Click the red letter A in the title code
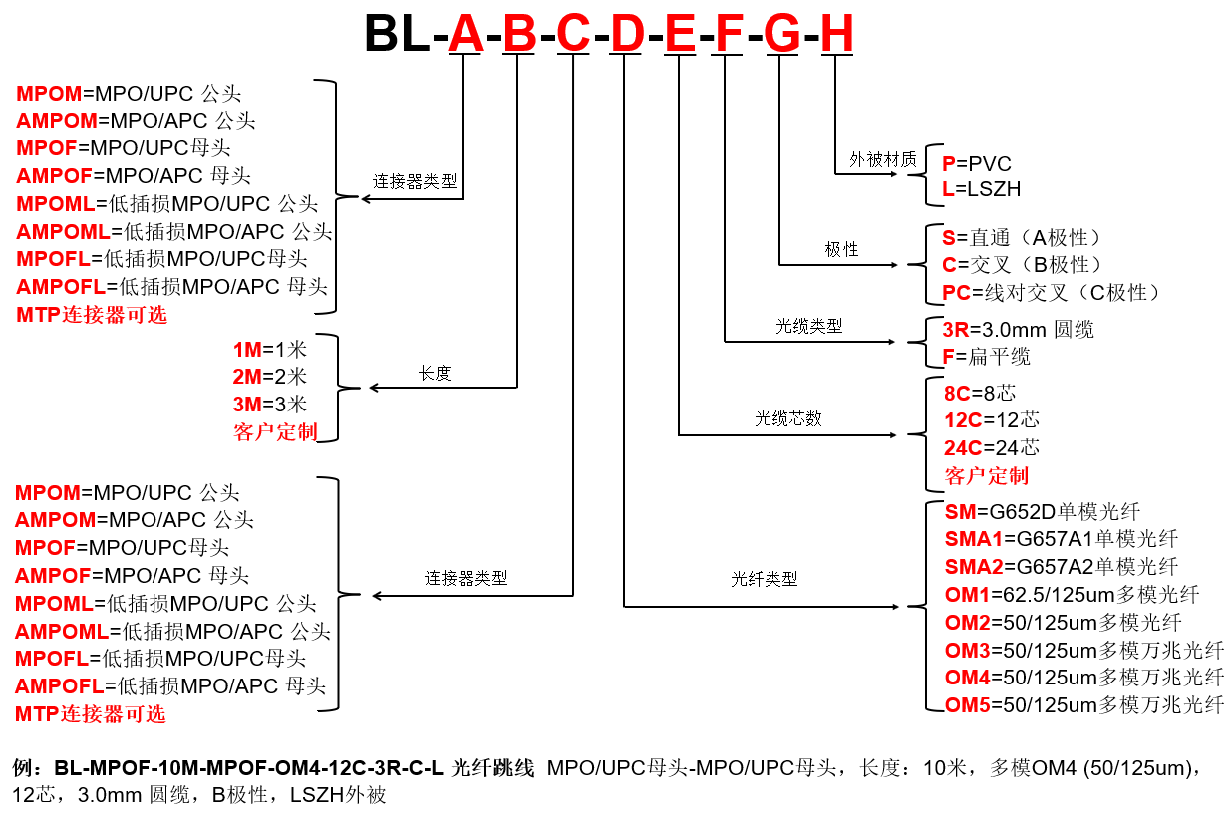coord(465,33)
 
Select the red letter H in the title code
coord(836,33)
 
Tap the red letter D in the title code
coord(627,33)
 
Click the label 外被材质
coord(883,160)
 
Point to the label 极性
coord(841,249)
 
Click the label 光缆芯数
coord(788,418)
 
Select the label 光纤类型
coord(764,579)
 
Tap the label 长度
coord(435,374)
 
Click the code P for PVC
coord(948,163)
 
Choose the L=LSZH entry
coord(981,189)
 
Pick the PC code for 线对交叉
coord(957,292)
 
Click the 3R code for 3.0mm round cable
coord(956,330)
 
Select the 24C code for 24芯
coord(963,448)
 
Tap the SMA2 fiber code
coord(974,567)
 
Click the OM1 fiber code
coord(967,595)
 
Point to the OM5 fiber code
coord(968,705)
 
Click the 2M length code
coord(247,377)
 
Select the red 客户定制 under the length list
coord(275,432)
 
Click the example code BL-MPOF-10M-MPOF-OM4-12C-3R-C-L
coord(248,768)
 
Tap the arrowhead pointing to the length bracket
coord(374,388)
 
